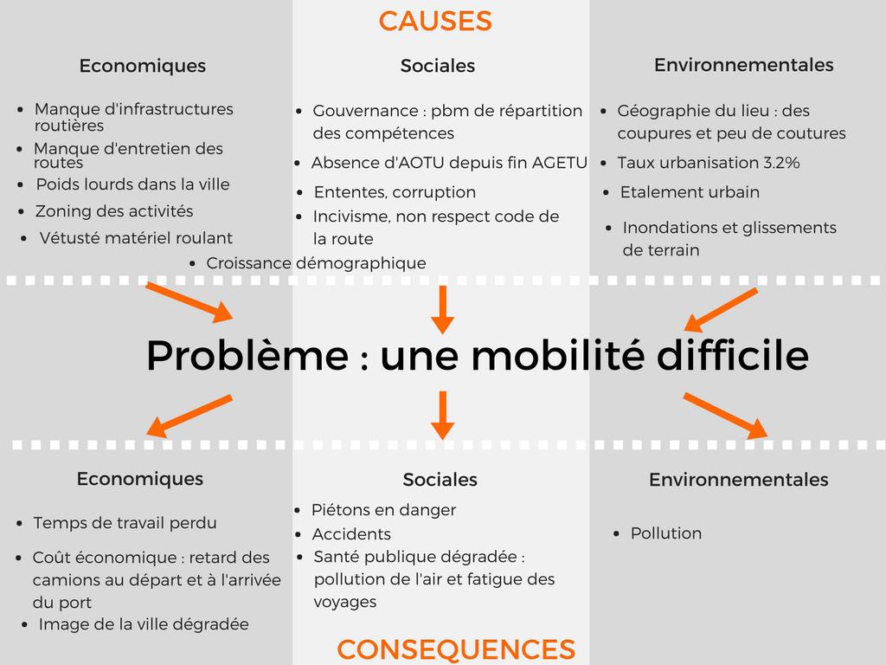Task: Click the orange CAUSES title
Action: (435, 21)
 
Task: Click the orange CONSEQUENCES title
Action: (456, 649)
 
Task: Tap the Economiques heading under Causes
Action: (143, 66)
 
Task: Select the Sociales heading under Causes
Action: (438, 66)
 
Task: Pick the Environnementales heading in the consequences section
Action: (739, 480)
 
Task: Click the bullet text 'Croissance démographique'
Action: (317, 263)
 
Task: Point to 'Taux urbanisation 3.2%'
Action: (709, 163)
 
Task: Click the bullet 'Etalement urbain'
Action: (690, 192)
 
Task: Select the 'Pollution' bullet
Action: (666, 533)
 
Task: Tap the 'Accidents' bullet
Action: (351, 534)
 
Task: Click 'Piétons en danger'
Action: (383, 510)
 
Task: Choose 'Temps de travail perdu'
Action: (125, 523)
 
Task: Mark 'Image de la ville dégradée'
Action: (144, 624)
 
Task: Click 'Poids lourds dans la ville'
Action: (132, 184)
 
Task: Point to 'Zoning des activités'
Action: (114, 211)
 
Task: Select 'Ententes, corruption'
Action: (395, 192)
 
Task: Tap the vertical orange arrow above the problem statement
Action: (442, 309)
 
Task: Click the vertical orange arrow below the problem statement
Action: (442, 415)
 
